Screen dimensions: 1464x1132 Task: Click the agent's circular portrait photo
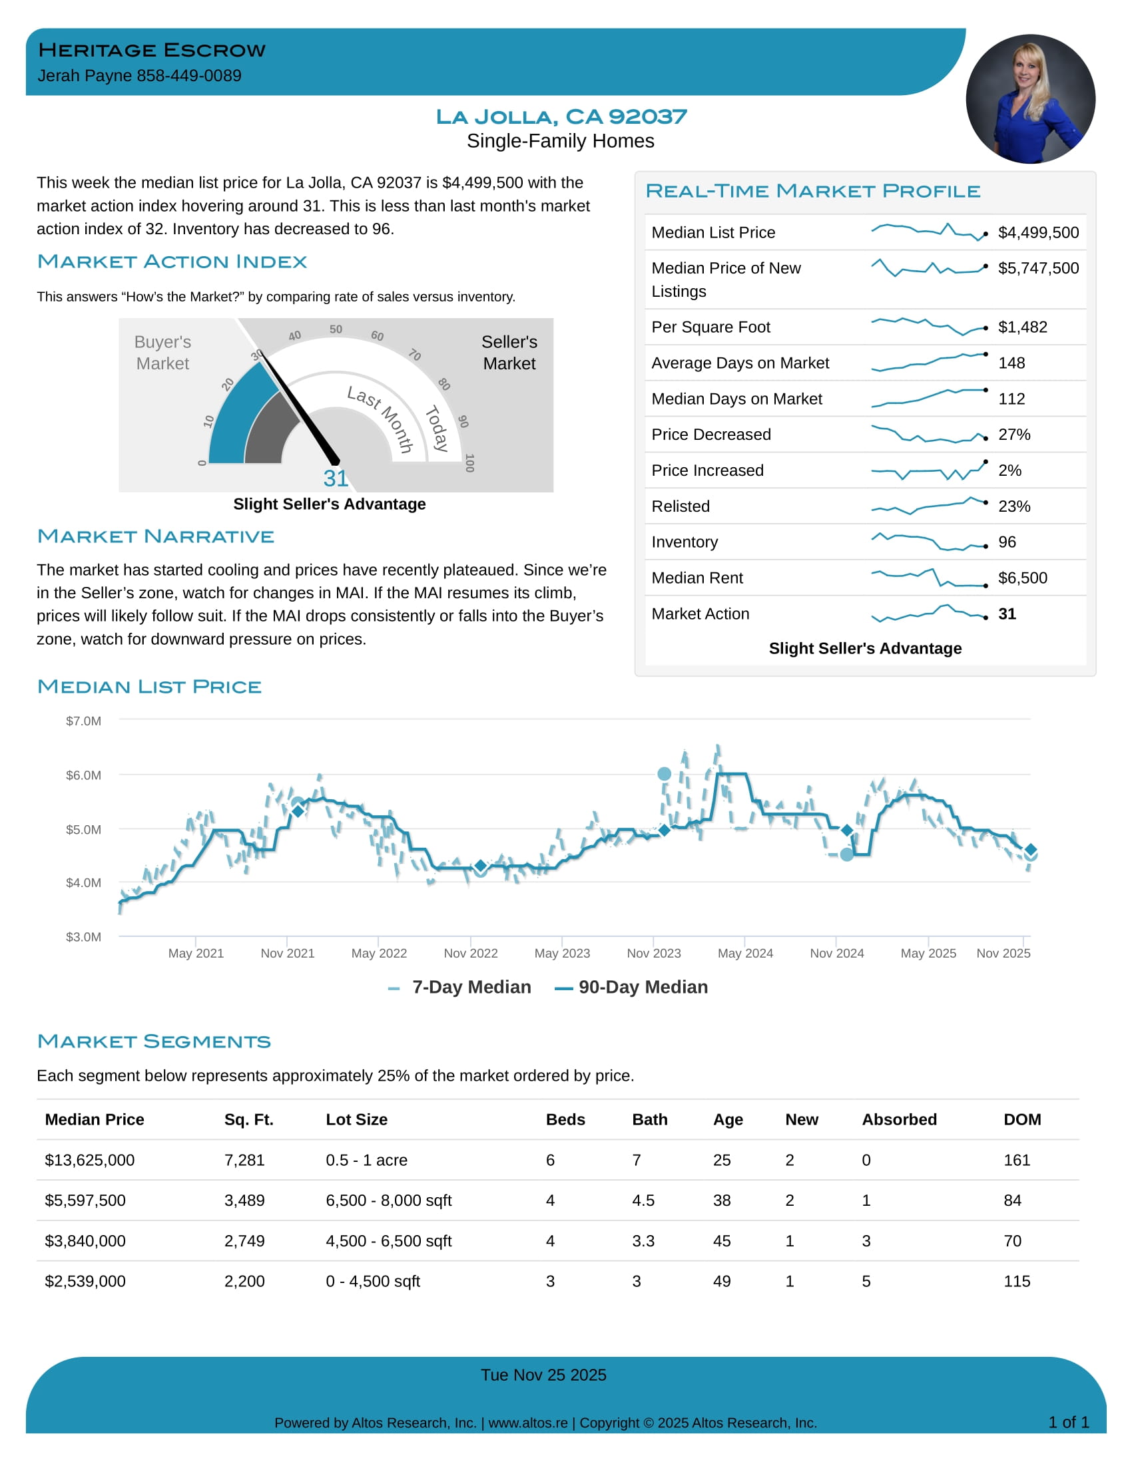coord(1030,99)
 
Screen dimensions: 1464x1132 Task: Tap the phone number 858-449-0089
coord(189,76)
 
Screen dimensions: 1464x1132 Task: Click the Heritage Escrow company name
coord(152,51)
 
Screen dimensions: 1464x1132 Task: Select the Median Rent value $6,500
coord(1022,578)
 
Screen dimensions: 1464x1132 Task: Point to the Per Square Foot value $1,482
coord(1022,327)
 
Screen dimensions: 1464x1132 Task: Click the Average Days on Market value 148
coord(1011,363)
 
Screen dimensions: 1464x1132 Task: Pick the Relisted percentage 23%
coord(1014,507)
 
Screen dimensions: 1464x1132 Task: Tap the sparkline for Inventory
coord(928,542)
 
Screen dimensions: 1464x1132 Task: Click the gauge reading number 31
coord(336,478)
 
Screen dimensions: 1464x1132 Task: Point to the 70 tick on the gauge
coord(415,355)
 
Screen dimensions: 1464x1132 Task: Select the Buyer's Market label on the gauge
coord(162,353)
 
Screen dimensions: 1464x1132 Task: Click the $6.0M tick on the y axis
coord(83,775)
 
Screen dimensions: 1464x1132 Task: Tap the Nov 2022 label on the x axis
coord(471,953)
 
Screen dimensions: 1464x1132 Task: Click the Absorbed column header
coord(899,1119)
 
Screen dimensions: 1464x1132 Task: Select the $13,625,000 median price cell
coord(90,1161)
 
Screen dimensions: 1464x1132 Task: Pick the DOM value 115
coord(1017,1282)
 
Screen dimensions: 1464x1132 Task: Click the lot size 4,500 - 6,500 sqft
coord(388,1242)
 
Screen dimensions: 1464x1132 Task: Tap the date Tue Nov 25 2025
coord(543,1375)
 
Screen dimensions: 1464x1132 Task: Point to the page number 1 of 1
coord(1068,1423)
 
